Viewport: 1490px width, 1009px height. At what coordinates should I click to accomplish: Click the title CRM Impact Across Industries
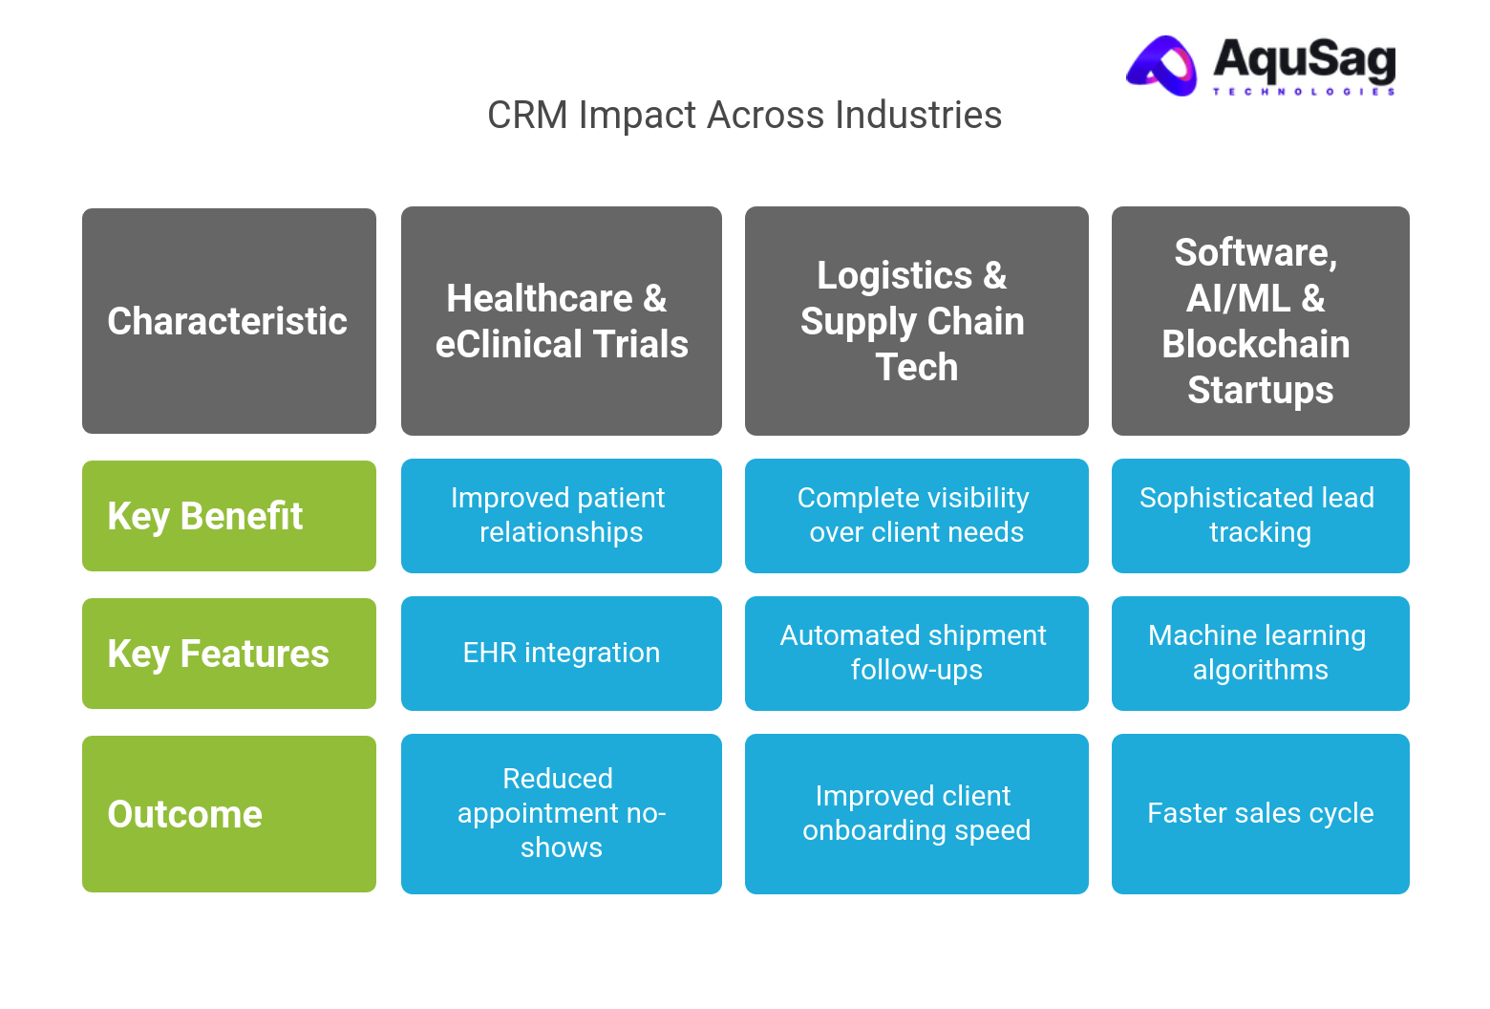click(744, 116)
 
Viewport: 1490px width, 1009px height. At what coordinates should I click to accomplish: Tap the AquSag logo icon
click(1162, 66)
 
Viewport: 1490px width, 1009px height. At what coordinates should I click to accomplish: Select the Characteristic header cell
click(228, 321)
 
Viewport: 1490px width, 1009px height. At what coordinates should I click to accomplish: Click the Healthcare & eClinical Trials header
click(561, 321)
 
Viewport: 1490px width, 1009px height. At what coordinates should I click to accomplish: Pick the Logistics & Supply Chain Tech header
click(916, 321)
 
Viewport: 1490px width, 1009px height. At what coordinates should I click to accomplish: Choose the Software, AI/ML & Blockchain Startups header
click(1260, 321)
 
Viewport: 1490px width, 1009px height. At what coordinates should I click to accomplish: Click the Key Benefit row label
click(228, 516)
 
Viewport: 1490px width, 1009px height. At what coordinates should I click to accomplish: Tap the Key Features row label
click(228, 654)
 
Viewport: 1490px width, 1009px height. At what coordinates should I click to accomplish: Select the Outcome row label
click(228, 814)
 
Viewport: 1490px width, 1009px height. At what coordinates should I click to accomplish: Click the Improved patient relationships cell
click(561, 516)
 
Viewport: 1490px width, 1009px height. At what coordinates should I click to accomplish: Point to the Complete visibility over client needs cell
click(916, 516)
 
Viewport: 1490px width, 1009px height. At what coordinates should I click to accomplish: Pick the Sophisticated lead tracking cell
click(1260, 516)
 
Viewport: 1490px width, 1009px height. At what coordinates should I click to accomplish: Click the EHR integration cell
click(561, 654)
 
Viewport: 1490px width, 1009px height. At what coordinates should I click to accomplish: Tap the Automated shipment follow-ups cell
click(916, 654)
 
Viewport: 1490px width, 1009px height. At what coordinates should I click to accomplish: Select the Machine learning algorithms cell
click(1260, 654)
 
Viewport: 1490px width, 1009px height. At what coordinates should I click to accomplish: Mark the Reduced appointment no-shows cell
click(561, 814)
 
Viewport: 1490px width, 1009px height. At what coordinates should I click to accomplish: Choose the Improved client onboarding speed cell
click(916, 814)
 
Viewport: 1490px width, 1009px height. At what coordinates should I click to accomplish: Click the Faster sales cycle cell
click(1260, 814)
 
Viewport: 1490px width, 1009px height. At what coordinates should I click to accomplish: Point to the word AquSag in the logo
click(1304, 59)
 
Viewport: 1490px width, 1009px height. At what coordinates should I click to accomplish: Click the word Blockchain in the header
click(1255, 345)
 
